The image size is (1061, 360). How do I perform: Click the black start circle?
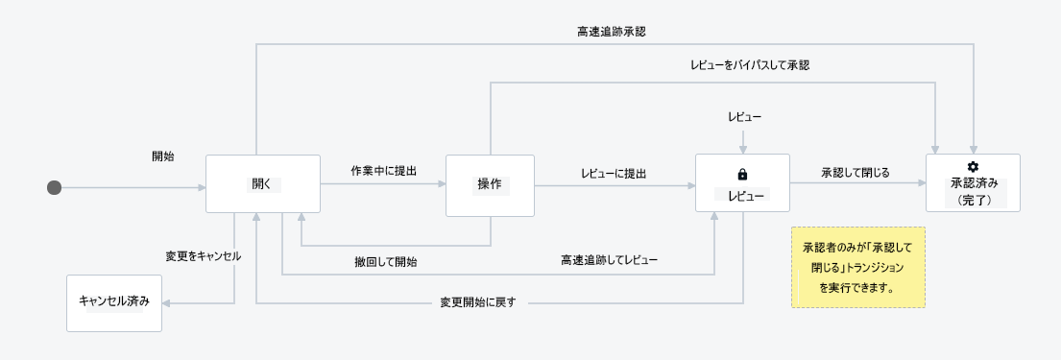55,187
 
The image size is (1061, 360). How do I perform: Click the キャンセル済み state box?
114,302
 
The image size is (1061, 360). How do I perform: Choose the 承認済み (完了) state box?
973,183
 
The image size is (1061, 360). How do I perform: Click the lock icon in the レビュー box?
741,175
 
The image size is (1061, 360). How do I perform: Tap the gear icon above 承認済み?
973,167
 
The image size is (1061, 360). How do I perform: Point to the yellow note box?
857,267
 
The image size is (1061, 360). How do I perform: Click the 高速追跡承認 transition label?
612,31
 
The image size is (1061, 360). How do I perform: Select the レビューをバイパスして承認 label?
751,65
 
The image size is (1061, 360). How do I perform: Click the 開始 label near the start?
162,156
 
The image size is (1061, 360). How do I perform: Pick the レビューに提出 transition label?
614,174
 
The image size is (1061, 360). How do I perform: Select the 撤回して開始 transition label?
384,261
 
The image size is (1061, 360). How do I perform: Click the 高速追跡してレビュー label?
609,261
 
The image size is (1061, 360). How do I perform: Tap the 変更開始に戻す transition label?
479,303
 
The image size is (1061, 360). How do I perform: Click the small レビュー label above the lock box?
742,117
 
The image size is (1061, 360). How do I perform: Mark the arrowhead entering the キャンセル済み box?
167,303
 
